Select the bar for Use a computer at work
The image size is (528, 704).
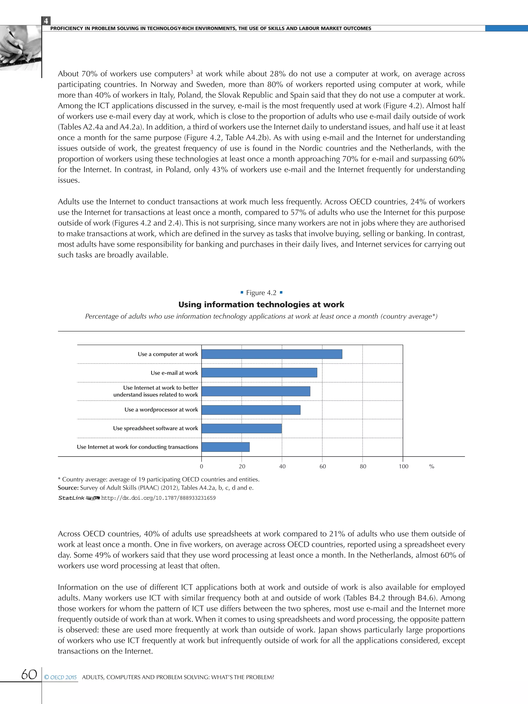click(271, 354)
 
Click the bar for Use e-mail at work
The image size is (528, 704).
click(259, 372)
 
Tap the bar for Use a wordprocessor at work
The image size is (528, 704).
click(251, 410)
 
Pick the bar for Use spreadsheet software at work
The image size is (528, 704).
click(241, 428)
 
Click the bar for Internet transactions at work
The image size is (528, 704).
click(225, 447)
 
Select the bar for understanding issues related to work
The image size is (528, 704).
click(255, 391)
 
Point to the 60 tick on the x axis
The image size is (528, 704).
click(323, 466)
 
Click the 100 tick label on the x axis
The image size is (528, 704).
click(403, 466)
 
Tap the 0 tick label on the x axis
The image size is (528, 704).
click(201, 466)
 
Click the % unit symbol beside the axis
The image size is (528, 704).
click(432, 466)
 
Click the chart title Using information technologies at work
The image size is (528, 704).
click(261, 305)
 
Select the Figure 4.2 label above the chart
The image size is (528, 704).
click(261, 293)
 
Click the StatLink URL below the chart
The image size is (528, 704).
click(158, 498)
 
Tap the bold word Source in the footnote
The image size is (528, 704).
click(68, 487)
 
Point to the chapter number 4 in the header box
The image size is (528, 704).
click(46, 21)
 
